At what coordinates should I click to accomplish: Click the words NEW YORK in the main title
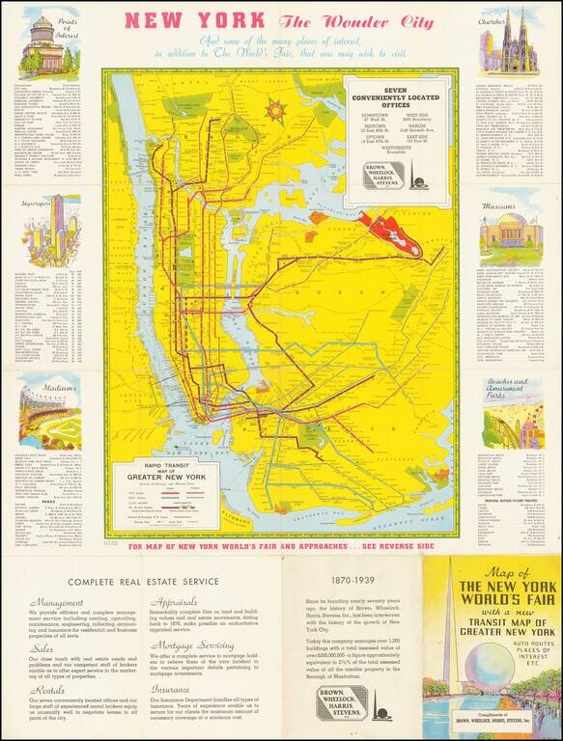tap(196, 20)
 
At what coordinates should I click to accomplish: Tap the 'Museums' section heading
tap(503, 206)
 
